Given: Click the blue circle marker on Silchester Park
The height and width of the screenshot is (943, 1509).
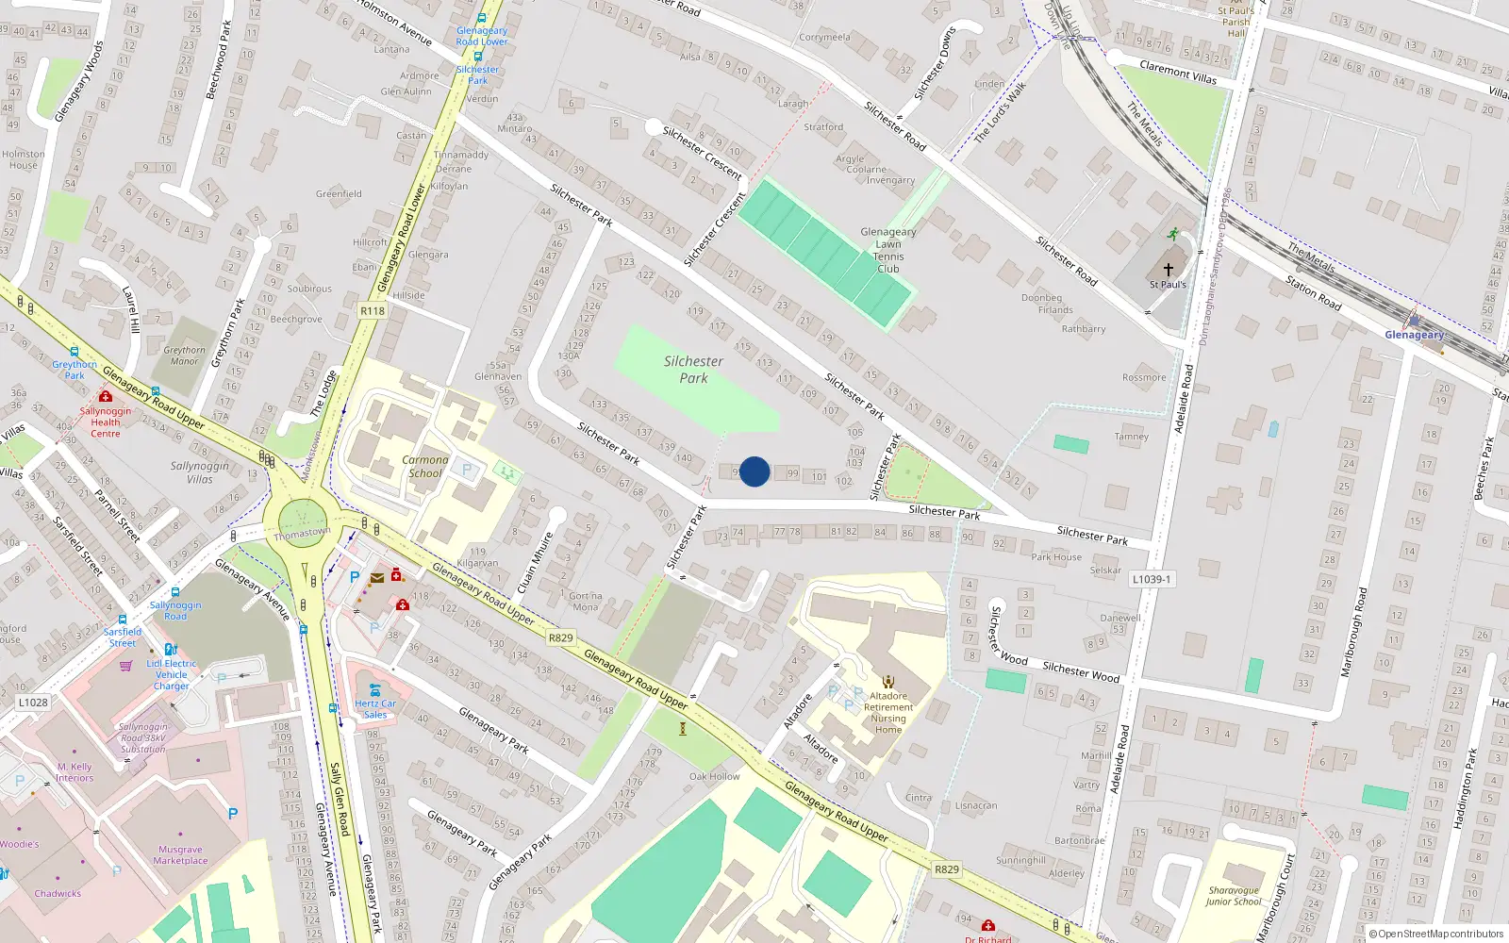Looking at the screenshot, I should point(754,471).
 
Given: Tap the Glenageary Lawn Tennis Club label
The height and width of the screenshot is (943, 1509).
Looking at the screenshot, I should point(887,250).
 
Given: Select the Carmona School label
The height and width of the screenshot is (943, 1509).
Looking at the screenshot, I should point(425,467).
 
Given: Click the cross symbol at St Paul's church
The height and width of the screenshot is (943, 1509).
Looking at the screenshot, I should point(1169,269).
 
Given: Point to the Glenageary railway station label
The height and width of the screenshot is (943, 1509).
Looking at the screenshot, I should point(1414,335).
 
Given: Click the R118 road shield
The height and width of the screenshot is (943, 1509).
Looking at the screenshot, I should point(373,310).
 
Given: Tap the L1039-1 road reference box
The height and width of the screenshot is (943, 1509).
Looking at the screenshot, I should point(1152,579).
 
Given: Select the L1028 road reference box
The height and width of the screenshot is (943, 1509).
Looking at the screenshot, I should point(33,703).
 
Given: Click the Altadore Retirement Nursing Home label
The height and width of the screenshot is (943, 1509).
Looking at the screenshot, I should point(888,712).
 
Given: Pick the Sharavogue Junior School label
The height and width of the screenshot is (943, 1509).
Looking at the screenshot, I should point(1234,896).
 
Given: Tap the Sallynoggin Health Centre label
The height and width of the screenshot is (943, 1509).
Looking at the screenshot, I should point(106,422).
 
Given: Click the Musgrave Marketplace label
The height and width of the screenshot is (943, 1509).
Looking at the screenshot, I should point(180,855).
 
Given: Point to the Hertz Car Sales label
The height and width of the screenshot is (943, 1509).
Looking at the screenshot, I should point(375,709).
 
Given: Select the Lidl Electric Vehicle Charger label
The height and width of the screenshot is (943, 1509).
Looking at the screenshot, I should point(172,674).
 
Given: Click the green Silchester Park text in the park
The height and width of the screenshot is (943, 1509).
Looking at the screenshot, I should point(693,370).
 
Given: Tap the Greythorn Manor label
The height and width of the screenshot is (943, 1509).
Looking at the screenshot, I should point(185,356).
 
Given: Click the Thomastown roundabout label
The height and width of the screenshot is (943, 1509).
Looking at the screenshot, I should point(302,534).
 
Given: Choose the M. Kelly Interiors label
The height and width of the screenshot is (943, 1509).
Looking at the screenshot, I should point(75,772).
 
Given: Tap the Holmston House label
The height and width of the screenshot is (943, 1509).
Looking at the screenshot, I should point(24,159).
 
